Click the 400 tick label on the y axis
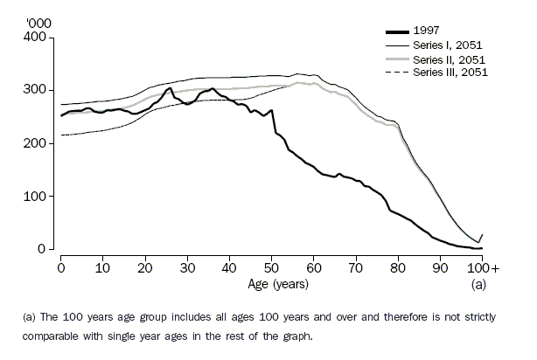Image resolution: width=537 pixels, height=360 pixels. click(38, 37)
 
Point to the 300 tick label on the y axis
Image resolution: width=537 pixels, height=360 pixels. click(38, 90)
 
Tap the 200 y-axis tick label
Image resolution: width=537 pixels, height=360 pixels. click(38, 143)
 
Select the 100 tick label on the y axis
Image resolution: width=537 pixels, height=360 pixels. click(38, 197)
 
